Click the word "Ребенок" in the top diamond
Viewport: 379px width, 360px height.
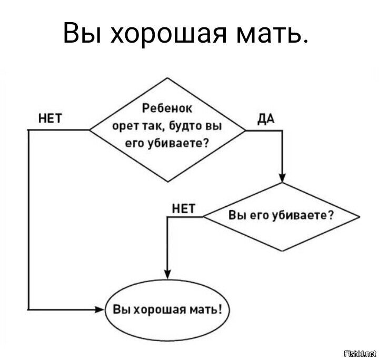[x=168, y=110]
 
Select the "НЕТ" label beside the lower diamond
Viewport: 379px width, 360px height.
[x=184, y=208]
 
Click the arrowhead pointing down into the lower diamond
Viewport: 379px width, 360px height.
[x=282, y=177]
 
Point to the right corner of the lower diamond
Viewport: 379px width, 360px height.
[x=360, y=216]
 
